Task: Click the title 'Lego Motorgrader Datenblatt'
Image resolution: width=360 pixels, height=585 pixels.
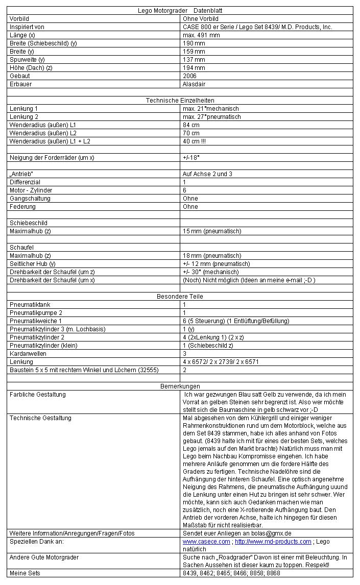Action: click(x=180, y=10)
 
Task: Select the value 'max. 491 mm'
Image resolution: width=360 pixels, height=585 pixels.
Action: click(x=201, y=35)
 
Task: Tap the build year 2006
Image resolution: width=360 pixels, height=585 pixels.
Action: click(x=189, y=76)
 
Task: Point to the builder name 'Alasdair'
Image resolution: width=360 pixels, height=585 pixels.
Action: click(x=194, y=84)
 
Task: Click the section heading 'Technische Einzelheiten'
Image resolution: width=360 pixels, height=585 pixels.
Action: click(x=180, y=101)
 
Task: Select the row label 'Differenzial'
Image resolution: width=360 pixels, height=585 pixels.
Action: click(x=25, y=182)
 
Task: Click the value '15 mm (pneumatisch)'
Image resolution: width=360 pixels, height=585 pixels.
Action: click(x=212, y=231)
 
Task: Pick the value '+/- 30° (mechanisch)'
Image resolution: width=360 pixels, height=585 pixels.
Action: click(x=214, y=272)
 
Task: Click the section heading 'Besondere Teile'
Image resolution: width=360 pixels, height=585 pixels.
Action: click(x=180, y=296)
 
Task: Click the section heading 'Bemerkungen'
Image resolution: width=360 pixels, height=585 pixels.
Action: click(x=180, y=386)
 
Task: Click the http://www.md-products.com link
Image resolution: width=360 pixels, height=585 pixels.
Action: click(x=273, y=541)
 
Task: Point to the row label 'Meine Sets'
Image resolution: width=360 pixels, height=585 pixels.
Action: click(x=25, y=573)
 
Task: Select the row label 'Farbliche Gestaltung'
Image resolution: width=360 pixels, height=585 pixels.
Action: click(x=38, y=394)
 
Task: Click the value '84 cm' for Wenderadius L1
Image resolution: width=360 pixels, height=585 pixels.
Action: click(x=191, y=125)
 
